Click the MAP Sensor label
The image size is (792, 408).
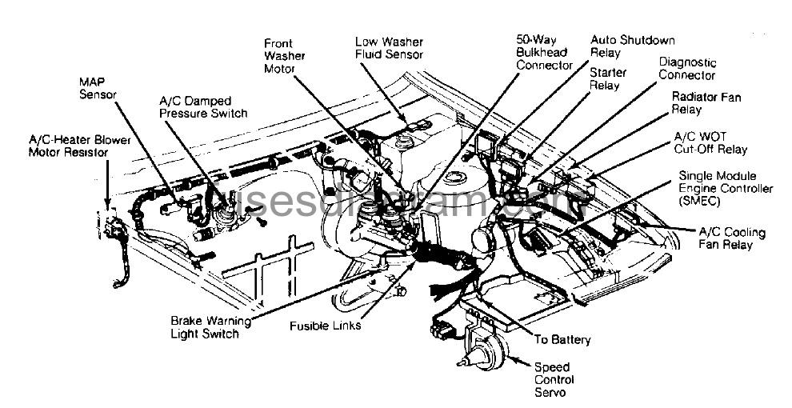[98, 88]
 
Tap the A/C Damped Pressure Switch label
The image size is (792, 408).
[203, 107]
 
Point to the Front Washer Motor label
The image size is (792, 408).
[279, 56]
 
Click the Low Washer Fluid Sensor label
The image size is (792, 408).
[389, 47]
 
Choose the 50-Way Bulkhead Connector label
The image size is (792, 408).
[544, 52]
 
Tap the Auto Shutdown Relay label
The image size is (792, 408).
[631, 46]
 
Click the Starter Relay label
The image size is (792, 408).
[607, 78]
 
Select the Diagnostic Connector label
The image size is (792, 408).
[687, 69]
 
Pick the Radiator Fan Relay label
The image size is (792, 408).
[706, 103]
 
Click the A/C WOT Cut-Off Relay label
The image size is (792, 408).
[710, 142]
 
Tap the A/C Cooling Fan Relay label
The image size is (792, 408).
[731, 238]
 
